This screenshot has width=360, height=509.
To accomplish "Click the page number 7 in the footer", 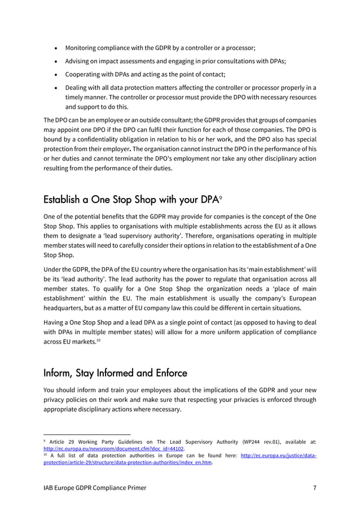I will pos(314,488).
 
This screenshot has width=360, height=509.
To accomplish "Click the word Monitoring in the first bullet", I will pos(84,48).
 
